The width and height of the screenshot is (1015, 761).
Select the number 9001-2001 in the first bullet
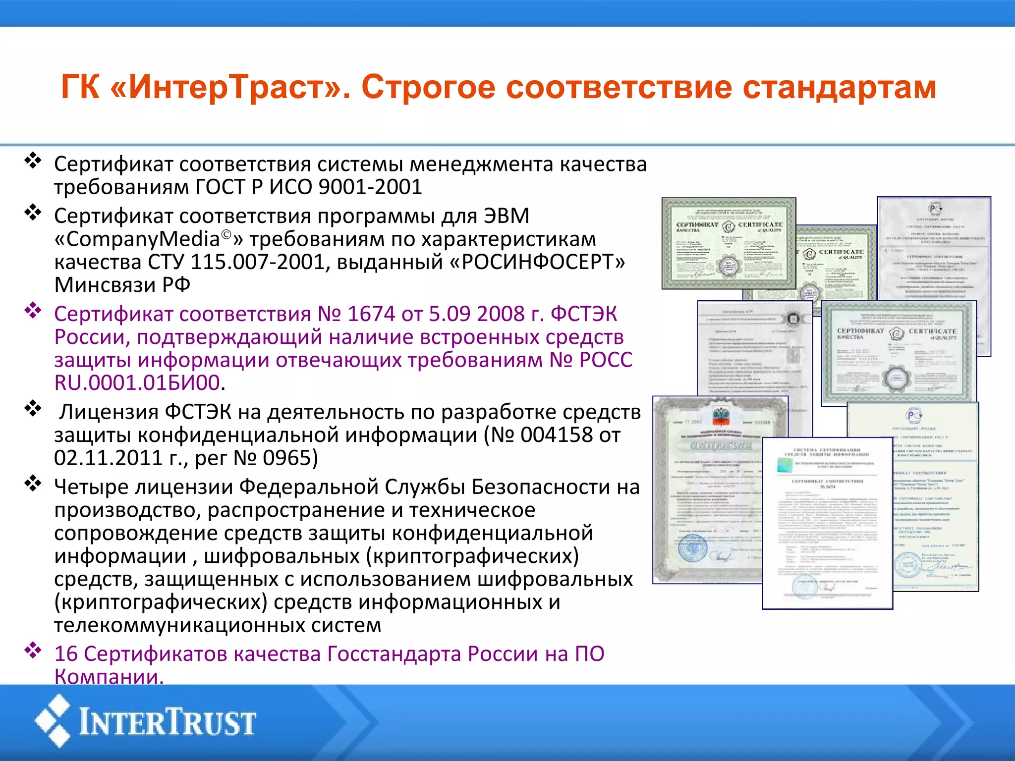click(370, 187)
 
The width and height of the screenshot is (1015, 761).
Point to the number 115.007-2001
click(258, 262)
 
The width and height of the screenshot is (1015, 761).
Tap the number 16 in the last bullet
click(65, 654)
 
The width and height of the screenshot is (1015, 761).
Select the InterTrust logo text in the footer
click(168, 722)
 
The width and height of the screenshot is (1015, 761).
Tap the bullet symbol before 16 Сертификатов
click(33, 650)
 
